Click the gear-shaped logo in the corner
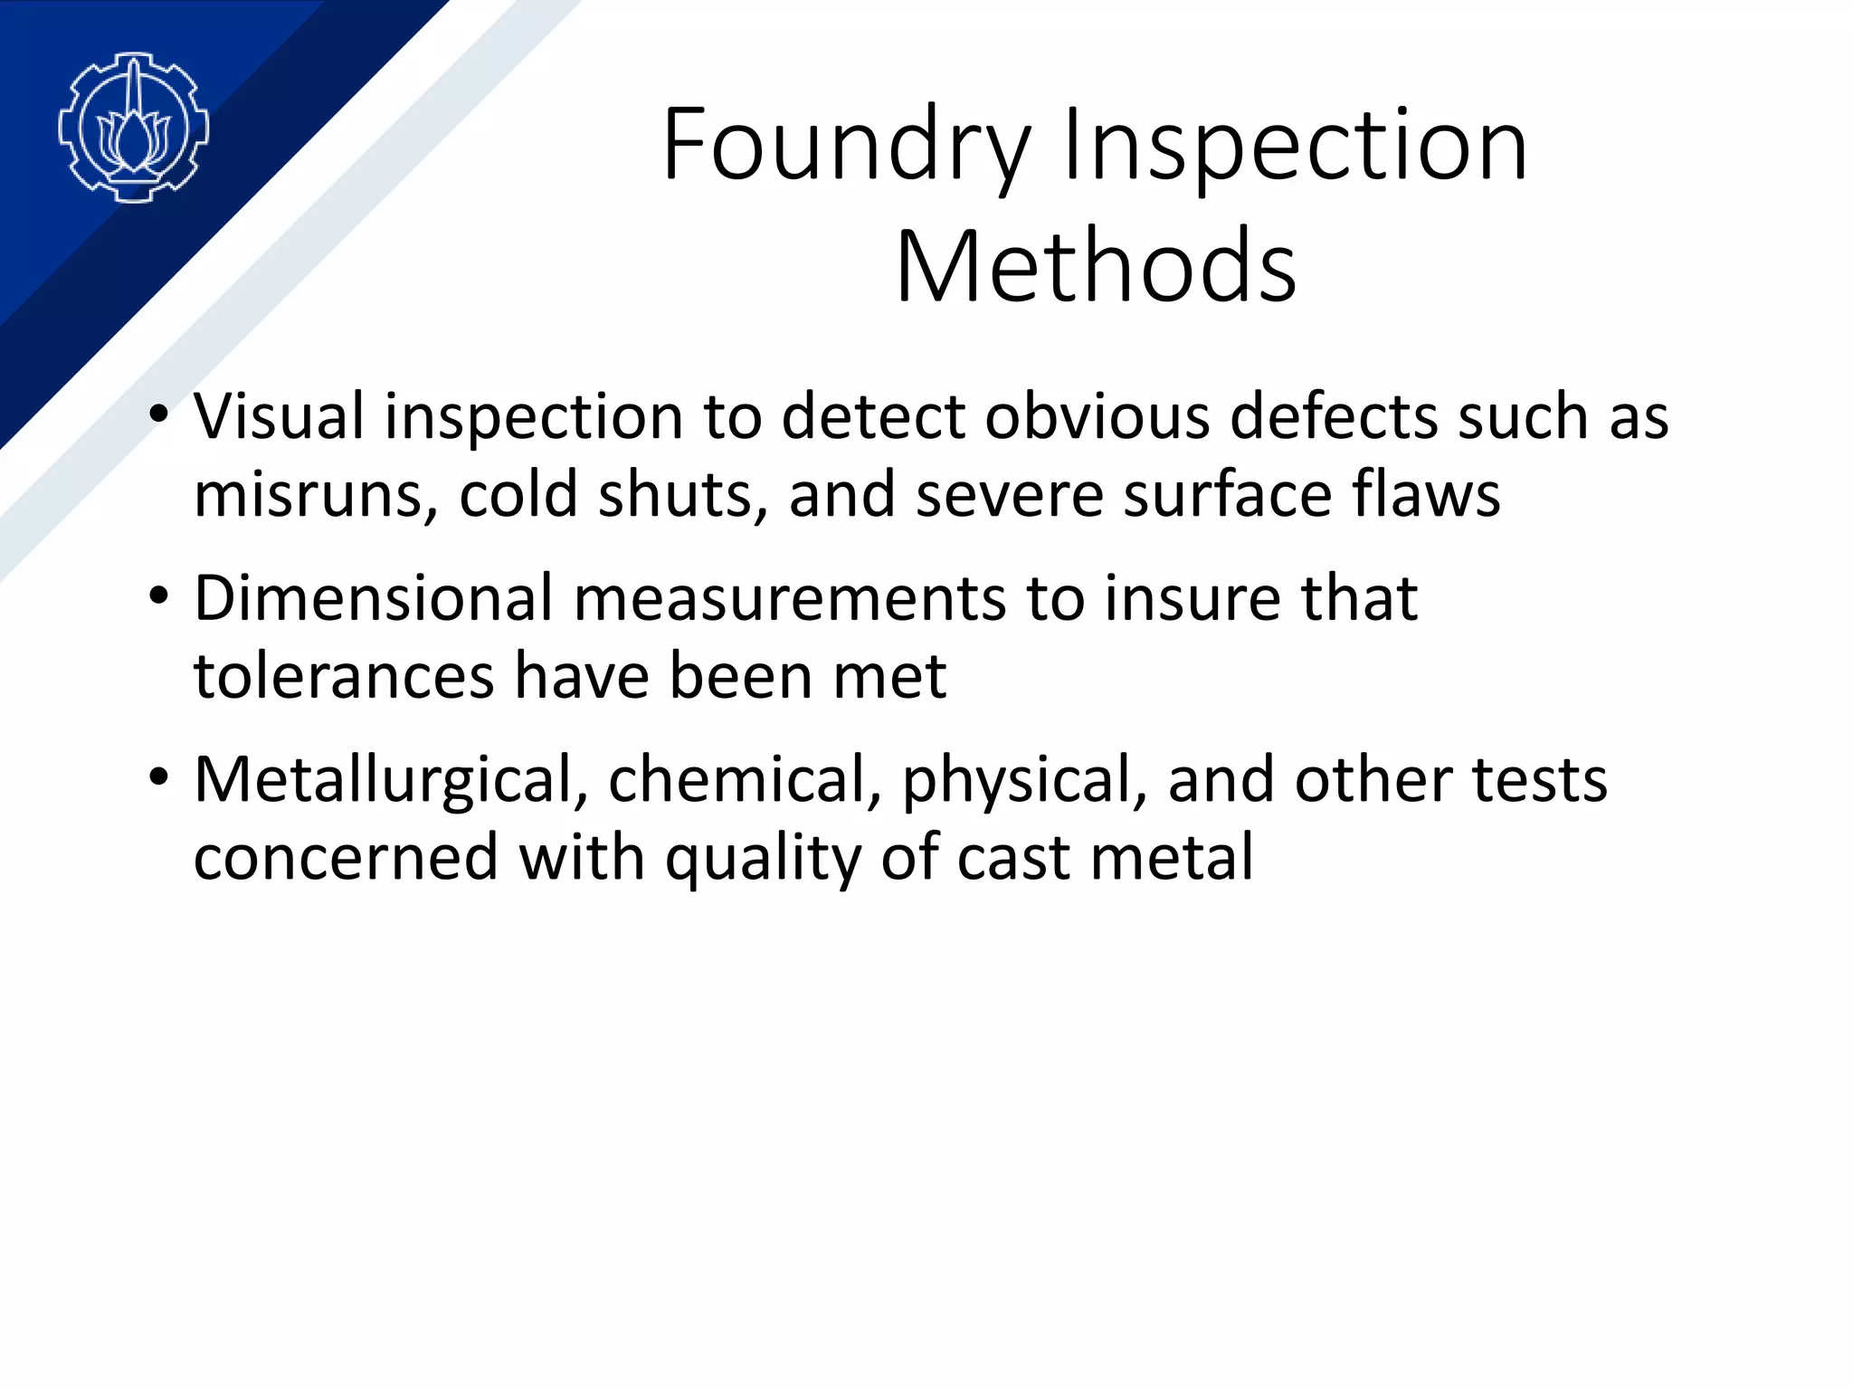[133, 128]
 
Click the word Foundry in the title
[846, 146]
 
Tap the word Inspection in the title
[1296, 146]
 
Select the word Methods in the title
[1096, 266]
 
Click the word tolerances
[344, 676]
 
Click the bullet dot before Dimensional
[159, 597]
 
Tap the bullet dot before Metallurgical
[159, 778]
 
